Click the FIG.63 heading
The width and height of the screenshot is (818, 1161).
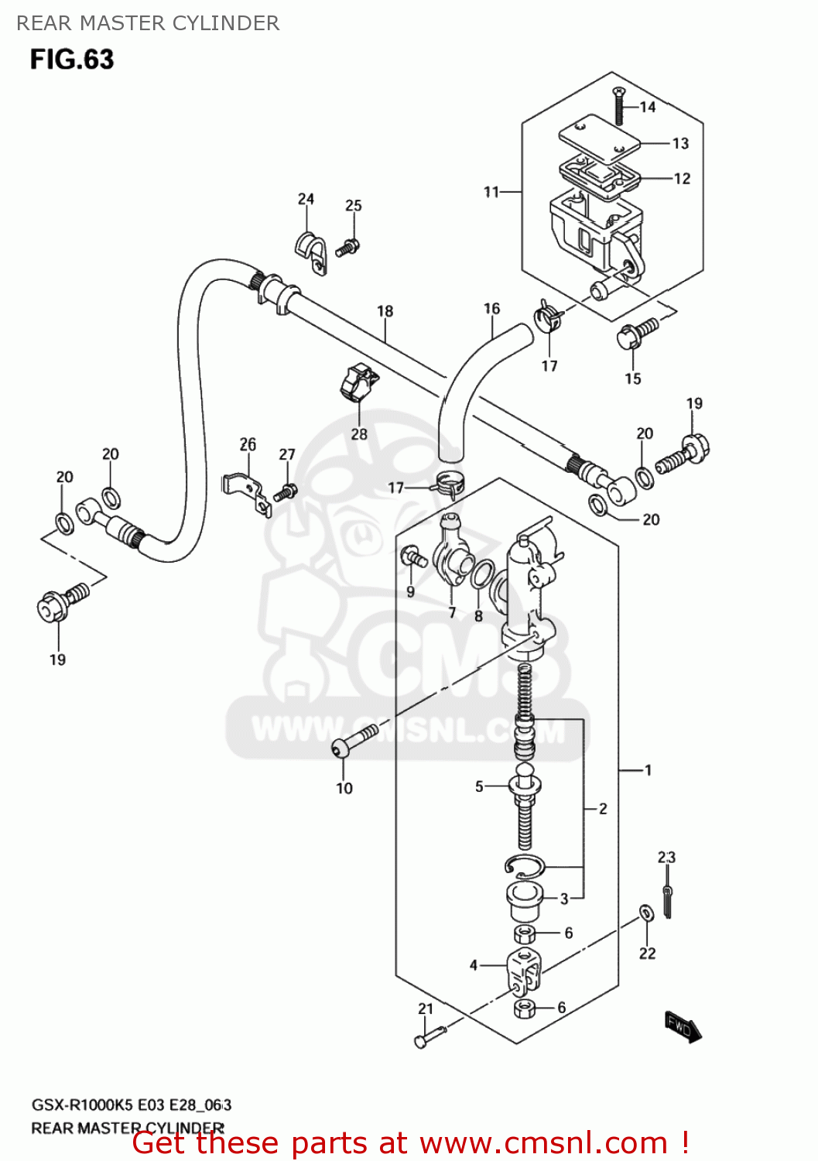[x=72, y=60]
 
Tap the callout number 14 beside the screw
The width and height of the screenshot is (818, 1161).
[x=648, y=107]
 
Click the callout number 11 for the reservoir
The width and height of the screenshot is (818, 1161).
[x=491, y=192]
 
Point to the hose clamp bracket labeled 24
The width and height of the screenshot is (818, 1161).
[x=310, y=248]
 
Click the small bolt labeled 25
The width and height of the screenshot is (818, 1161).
[x=347, y=248]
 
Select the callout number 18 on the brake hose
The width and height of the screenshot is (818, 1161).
[x=385, y=311]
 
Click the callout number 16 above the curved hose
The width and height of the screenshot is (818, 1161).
[x=491, y=309]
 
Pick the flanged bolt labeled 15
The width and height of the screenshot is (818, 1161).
[x=636, y=334]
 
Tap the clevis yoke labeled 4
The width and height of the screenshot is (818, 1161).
[x=524, y=971]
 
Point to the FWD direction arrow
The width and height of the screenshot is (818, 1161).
[x=683, y=1027]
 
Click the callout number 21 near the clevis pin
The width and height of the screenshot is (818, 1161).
[x=426, y=1009]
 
